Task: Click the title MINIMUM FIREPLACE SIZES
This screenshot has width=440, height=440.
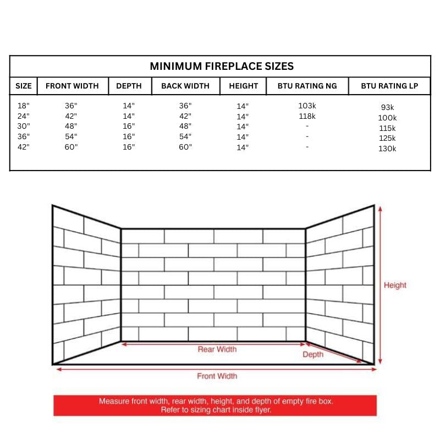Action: (222, 67)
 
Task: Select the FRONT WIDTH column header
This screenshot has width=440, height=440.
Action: (72, 86)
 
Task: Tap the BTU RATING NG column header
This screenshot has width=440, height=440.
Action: (307, 86)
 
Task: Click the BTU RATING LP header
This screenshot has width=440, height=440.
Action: (389, 86)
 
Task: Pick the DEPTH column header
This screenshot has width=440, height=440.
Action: (129, 86)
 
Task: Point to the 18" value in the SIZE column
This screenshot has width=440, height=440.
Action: (23, 106)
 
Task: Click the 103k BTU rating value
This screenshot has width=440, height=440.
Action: (307, 106)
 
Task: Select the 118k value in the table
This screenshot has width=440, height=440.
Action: (307, 116)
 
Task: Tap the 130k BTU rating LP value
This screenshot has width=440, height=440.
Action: (387, 148)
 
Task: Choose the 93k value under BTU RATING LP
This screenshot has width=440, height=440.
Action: (387, 108)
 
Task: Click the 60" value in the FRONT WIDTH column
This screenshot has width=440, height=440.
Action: (71, 147)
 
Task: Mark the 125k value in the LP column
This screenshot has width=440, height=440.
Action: (387, 138)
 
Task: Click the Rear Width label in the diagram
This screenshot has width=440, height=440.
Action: (217, 349)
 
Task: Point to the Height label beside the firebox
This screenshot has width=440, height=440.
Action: (395, 285)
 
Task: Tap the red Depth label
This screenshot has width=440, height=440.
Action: (313, 355)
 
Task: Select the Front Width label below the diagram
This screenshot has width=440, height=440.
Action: (217, 376)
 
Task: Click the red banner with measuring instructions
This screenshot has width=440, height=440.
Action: (216, 406)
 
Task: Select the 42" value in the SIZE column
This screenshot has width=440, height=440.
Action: (23, 147)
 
